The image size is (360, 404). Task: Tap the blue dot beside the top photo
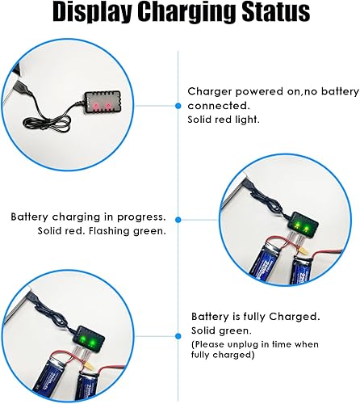(x=178, y=105)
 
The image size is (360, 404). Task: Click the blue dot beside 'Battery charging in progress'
(x=178, y=218)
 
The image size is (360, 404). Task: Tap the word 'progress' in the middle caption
(x=142, y=217)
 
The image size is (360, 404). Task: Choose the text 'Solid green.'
(x=219, y=331)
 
